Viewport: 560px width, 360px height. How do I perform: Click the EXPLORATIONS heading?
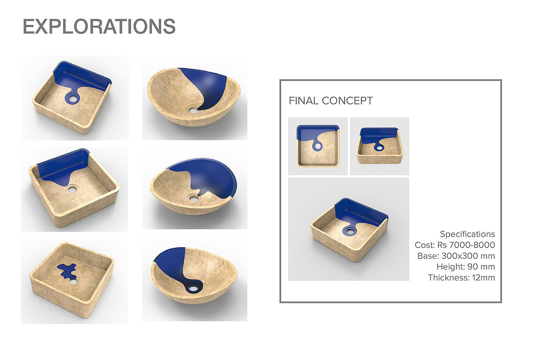click(x=99, y=26)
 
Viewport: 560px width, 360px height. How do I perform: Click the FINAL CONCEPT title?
click(x=330, y=101)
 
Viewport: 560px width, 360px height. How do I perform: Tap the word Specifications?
click(x=467, y=234)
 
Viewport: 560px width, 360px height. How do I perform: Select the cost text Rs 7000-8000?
click(x=466, y=245)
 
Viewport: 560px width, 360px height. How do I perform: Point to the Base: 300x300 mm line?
click(x=456, y=256)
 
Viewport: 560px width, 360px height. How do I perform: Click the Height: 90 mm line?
click(x=466, y=267)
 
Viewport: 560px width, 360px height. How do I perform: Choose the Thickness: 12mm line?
click(x=461, y=278)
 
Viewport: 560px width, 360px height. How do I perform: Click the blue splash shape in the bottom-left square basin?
click(x=67, y=271)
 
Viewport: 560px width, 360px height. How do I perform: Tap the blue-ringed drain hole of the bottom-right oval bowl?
click(x=193, y=288)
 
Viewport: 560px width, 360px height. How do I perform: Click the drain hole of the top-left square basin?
click(x=72, y=98)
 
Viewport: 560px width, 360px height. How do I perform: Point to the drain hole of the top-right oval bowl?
click(x=193, y=110)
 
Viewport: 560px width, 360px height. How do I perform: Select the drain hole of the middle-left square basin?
click(x=72, y=190)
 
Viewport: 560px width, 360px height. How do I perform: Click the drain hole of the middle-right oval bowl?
click(x=193, y=199)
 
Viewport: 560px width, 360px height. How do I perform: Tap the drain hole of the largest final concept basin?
click(x=350, y=231)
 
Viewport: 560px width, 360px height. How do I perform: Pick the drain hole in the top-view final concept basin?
click(x=318, y=146)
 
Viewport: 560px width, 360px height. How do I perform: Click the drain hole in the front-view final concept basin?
click(x=380, y=148)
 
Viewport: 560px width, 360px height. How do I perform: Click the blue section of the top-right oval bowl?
click(x=208, y=88)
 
